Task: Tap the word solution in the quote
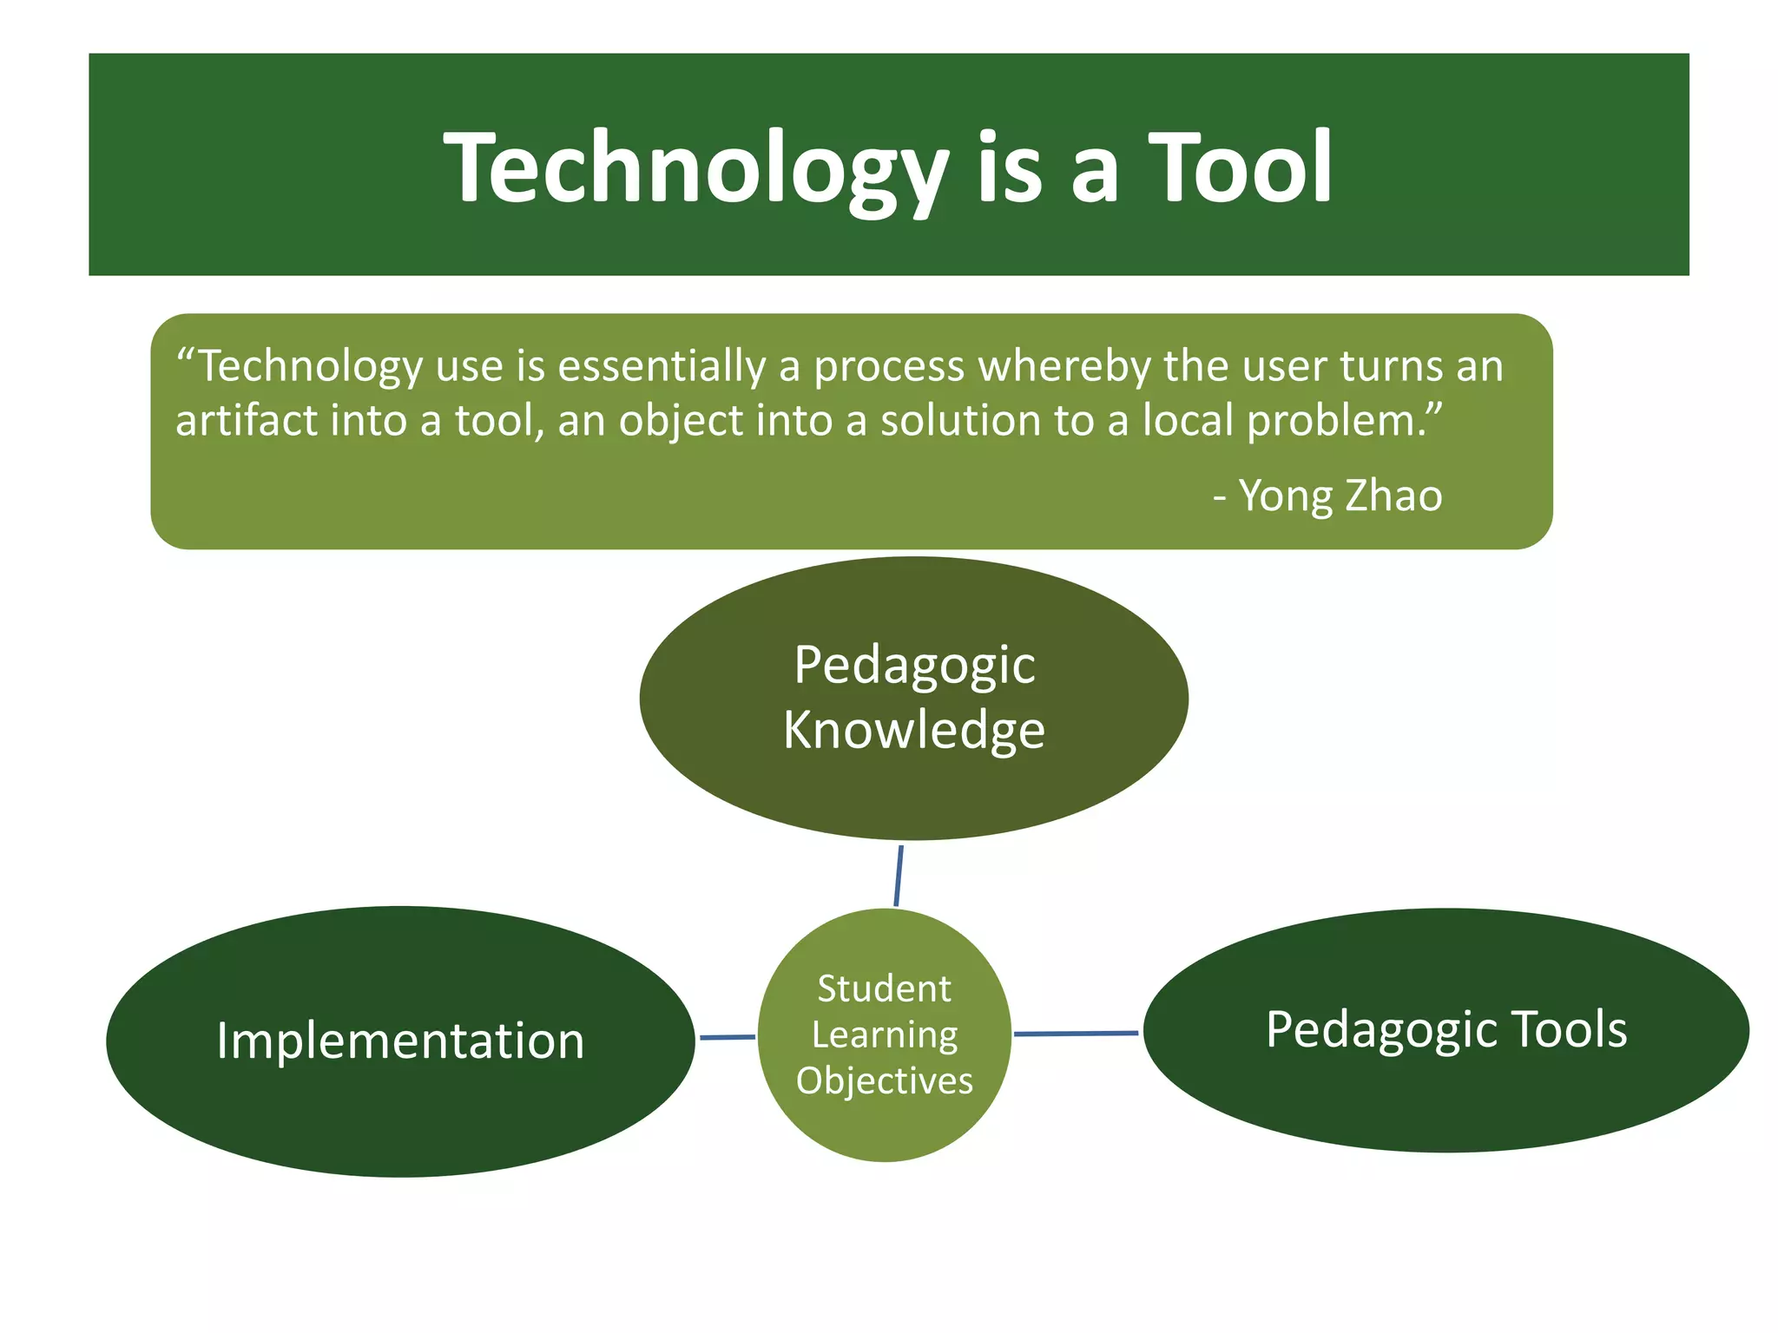coord(959,421)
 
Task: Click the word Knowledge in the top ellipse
coord(913,730)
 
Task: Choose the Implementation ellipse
coord(400,1111)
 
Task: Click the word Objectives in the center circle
coord(884,1081)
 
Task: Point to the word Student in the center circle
coord(884,989)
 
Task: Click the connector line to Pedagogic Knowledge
coord(899,875)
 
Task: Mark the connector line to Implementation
coord(728,1037)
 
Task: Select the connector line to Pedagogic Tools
coord(1076,1034)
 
